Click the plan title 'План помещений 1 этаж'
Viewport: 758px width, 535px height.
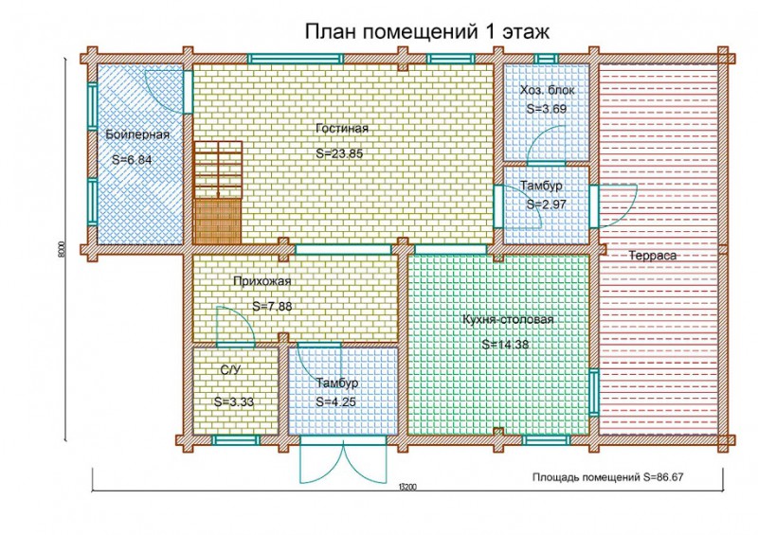[x=426, y=31]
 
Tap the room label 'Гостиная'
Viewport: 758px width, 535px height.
[x=342, y=128]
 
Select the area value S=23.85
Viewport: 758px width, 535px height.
[x=339, y=152]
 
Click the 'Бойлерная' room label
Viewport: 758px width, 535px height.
[x=137, y=134]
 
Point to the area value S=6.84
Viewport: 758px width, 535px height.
[x=132, y=160]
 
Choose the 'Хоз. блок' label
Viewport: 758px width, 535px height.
[x=547, y=90]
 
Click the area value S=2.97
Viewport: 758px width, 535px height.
[x=545, y=204]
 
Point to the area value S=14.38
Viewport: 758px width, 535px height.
[x=505, y=345]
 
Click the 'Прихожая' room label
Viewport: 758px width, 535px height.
[x=262, y=281]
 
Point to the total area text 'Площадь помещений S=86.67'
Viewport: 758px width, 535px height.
[x=607, y=478]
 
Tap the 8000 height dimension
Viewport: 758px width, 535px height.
[x=60, y=249]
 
